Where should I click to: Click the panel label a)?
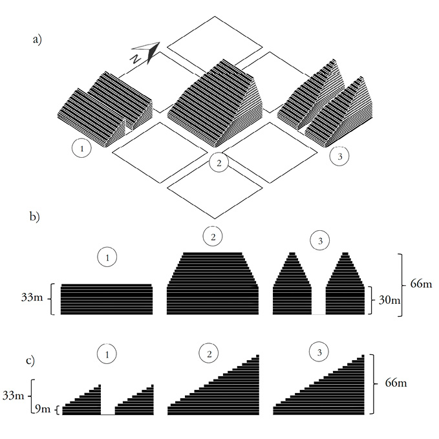coord(37,40)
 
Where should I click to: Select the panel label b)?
coord(36,217)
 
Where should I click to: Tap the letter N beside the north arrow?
coord(135,58)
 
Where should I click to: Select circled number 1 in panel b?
coord(108,258)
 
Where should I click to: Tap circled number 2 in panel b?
coord(212,236)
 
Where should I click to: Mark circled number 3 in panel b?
coord(318,241)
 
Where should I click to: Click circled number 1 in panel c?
coord(108,354)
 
